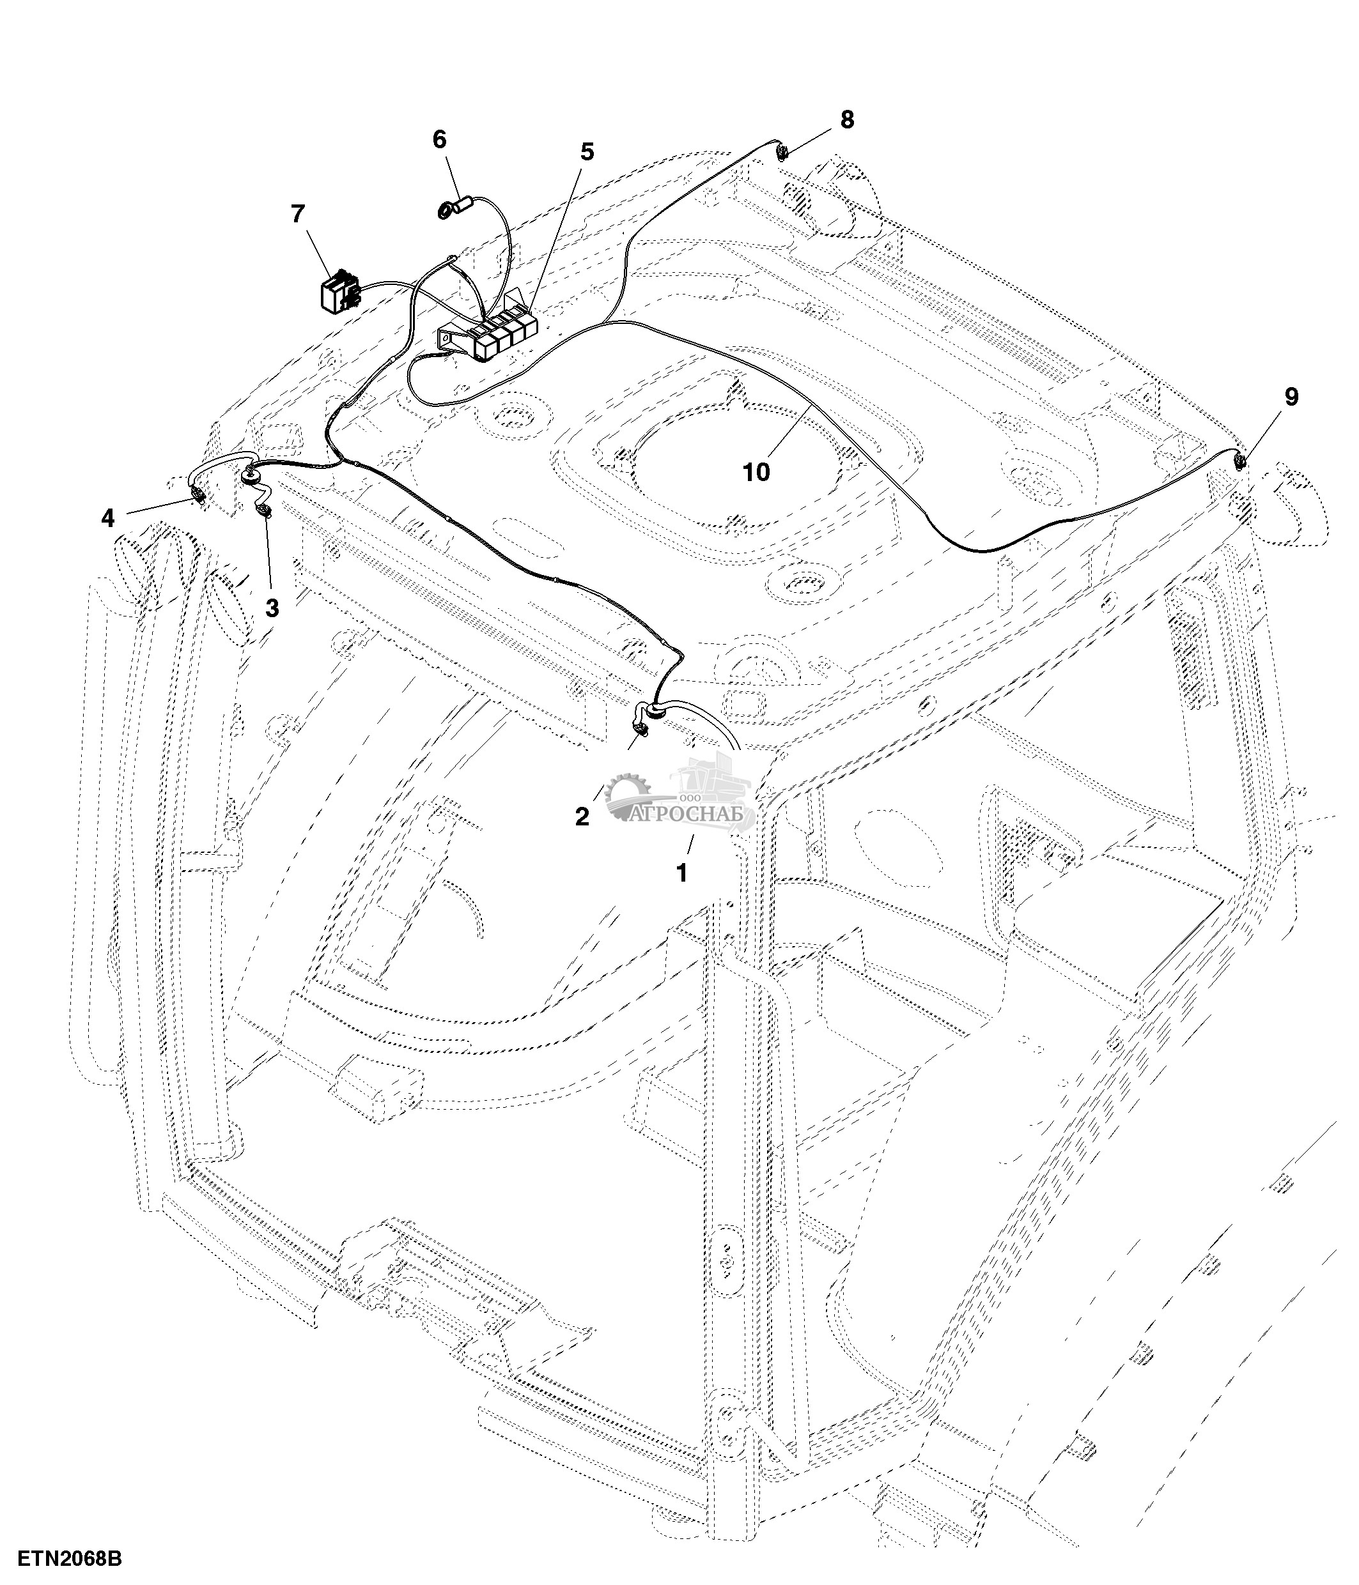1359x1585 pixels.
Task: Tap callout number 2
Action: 582,817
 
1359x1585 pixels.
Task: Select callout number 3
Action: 272,609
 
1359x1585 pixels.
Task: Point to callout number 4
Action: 108,519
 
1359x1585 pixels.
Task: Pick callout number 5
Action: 586,152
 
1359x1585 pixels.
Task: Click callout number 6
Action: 439,139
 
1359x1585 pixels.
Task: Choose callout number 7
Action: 298,214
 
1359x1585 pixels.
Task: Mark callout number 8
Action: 846,120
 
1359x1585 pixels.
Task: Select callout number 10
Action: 756,473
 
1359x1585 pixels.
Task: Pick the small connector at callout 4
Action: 199,497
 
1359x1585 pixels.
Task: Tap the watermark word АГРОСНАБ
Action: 692,815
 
